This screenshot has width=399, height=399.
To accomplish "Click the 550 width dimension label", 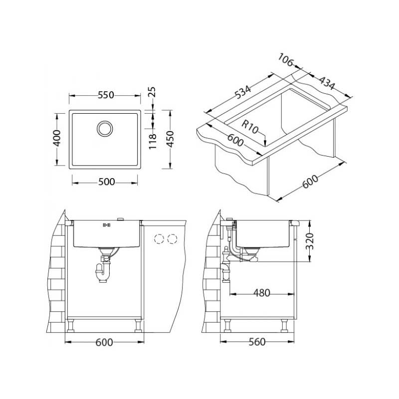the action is (x=106, y=95).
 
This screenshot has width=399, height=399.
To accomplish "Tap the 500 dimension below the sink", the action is (x=106, y=182).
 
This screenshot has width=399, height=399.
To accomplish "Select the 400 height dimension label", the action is (x=57, y=138).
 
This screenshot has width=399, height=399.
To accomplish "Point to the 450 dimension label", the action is (x=170, y=139).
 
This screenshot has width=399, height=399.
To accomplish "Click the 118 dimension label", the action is (x=153, y=142).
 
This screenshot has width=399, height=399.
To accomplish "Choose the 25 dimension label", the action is (x=152, y=92).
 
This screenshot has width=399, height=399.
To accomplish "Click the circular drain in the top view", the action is (x=105, y=129).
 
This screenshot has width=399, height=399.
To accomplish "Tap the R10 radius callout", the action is (x=250, y=127).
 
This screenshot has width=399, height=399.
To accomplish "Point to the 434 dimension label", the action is (x=327, y=83).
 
